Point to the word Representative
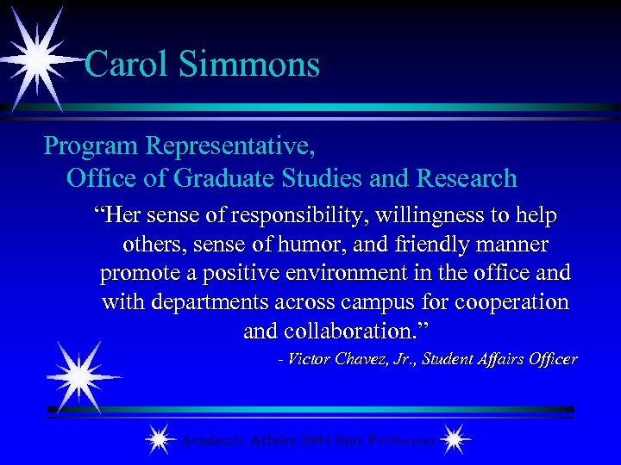230,146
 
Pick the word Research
467,178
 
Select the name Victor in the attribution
309,359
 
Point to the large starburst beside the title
36,59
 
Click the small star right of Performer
455,440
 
